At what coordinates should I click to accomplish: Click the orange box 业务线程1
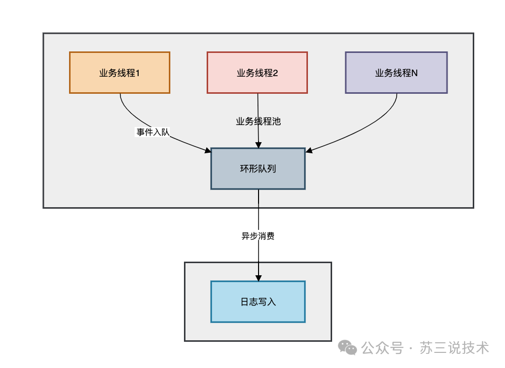tap(119, 73)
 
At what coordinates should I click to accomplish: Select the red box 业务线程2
tap(257, 73)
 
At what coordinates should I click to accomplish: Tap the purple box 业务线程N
tap(396, 73)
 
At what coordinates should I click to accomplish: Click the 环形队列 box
tap(258, 169)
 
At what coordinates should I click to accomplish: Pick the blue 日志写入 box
tap(258, 302)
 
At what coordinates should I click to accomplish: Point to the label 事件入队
tap(153, 133)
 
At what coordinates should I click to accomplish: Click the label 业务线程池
tap(258, 121)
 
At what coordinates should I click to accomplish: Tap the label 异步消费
tap(258, 236)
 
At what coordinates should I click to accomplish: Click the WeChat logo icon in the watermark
tap(347, 347)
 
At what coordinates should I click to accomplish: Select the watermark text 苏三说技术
tap(455, 347)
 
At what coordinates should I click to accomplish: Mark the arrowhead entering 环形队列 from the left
tap(208, 150)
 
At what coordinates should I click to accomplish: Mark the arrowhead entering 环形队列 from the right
tap(309, 150)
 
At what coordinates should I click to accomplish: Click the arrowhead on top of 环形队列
tap(259, 145)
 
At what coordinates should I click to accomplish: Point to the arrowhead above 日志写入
tap(259, 278)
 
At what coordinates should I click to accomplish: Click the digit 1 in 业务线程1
tap(137, 73)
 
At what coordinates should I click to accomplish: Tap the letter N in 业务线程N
tap(414, 73)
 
